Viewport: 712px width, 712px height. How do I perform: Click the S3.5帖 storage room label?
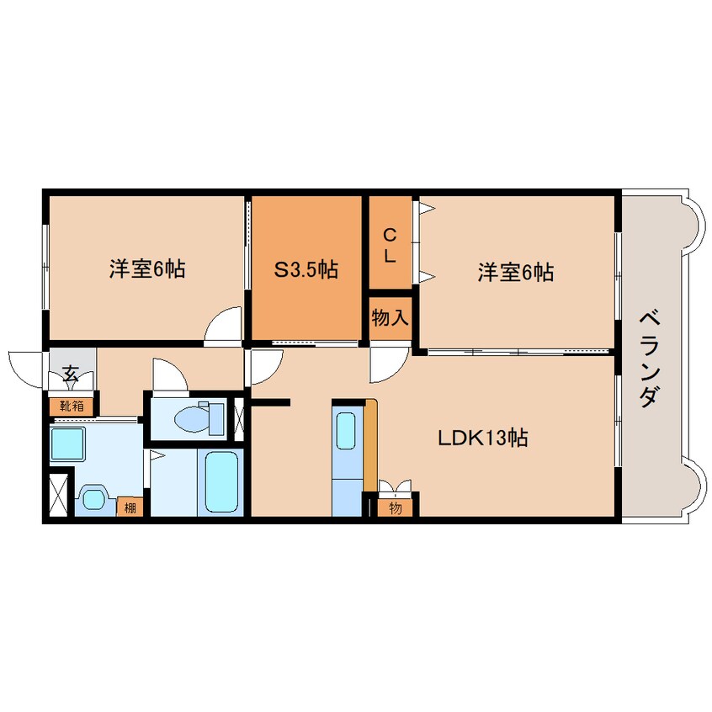(306, 269)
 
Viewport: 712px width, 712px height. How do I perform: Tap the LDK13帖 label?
(481, 438)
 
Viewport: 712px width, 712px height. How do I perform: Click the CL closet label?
(389, 246)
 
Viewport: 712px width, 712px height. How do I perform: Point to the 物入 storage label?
(390, 319)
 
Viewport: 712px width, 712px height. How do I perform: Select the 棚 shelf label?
(130, 507)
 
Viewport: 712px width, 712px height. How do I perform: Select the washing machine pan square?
(68, 443)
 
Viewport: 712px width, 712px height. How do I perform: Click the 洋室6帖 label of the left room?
(146, 269)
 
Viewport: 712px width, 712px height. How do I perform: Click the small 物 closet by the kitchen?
(395, 507)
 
